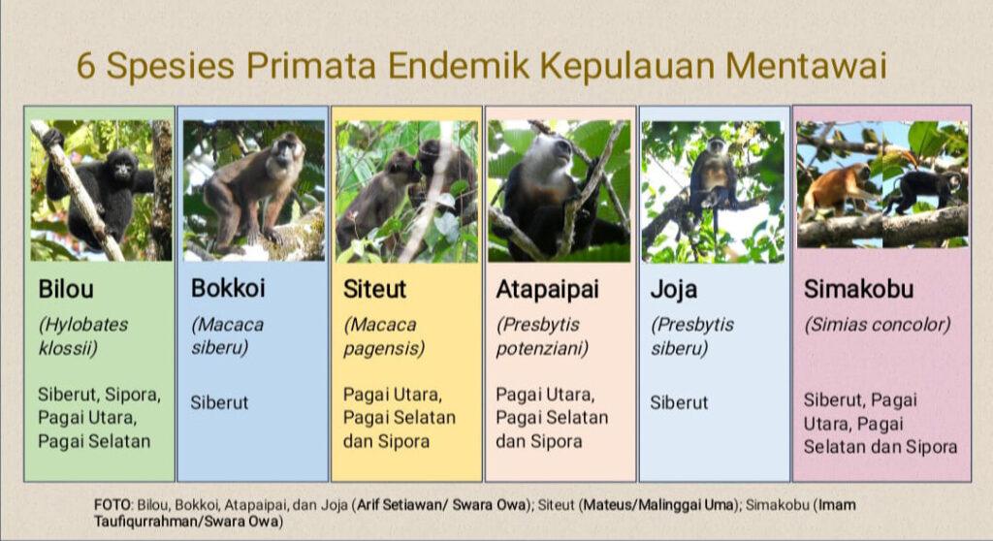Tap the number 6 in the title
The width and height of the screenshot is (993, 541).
click(x=86, y=66)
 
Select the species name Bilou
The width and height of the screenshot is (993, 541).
click(x=66, y=289)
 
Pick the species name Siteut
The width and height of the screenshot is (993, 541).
click(x=374, y=289)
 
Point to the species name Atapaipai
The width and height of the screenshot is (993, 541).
click(x=547, y=290)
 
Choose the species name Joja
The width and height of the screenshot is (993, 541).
click(x=674, y=290)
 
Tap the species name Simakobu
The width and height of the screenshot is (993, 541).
click(x=859, y=289)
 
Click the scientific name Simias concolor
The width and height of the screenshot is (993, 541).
click(x=877, y=325)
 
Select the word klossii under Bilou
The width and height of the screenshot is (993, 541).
click(x=68, y=348)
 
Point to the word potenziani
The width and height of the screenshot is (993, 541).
click(x=542, y=349)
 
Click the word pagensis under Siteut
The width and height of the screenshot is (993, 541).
click(x=384, y=349)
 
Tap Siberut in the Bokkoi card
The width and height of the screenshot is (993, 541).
click(x=219, y=402)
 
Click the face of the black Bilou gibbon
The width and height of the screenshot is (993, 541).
click(x=123, y=169)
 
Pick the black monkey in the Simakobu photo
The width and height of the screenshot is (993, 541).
click(x=923, y=189)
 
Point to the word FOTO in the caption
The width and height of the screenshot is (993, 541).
click(x=112, y=505)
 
